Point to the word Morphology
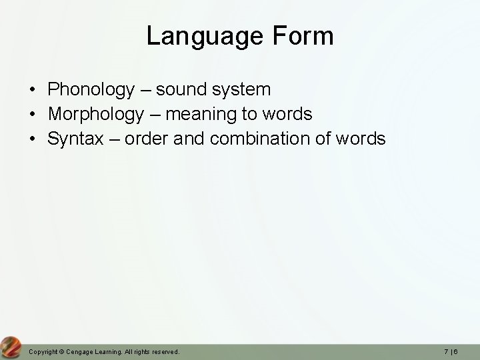tap(95, 114)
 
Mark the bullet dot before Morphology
tap(32, 115)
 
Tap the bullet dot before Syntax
tap(32, 139)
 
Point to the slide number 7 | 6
tap(458, 351)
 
